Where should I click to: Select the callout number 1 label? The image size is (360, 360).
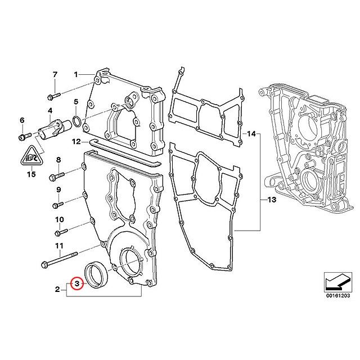tap(76, 74)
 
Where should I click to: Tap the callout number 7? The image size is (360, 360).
tap(55, 74)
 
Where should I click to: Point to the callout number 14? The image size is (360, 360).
tap(251, 134)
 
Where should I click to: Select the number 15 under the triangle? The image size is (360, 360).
tap(31, 174)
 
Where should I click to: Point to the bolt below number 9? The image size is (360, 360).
tap(56, 204)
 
